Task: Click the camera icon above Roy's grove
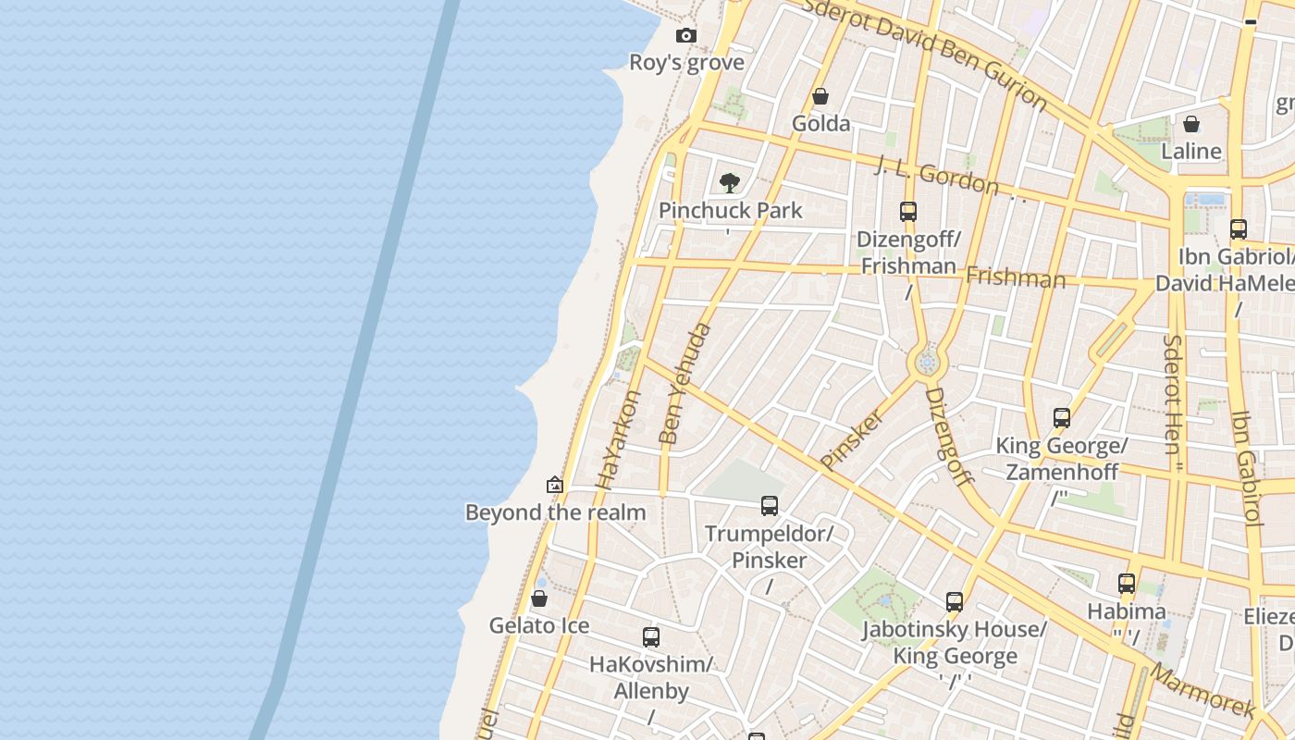pyautogui.click(x=685, y=36)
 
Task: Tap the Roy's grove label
pyautogui.click(x=686, y=63)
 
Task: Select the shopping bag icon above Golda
pyautogui.click(x=820, y=96)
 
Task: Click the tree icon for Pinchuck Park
pyautogui.click(x=730, y=182)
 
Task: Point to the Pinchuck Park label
pyautogui.click(x=731, y=211)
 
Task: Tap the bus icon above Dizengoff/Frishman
pyautogui.click(x=908, y=212)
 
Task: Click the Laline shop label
pyautogui.click(x=1190, y=151)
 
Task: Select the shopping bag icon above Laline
pyautogui.click(x=1191, y=124)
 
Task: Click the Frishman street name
pyautogui.click(x=1015, y=277)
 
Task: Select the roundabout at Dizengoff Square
pyautogui.click(x=926, y=363)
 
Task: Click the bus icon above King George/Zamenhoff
pyautogui.click(x=1062, y=418)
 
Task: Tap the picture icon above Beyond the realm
pyautogui.click(x=555, y=485)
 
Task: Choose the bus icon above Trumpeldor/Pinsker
pyautogui.click(x=770, y=506)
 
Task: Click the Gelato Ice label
pyautogui.click(x=539, y=626)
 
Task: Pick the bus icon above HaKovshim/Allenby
pyautogui.click(x=651, y=637)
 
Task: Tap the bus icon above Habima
pyautogui.click(x=1127, y=584)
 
